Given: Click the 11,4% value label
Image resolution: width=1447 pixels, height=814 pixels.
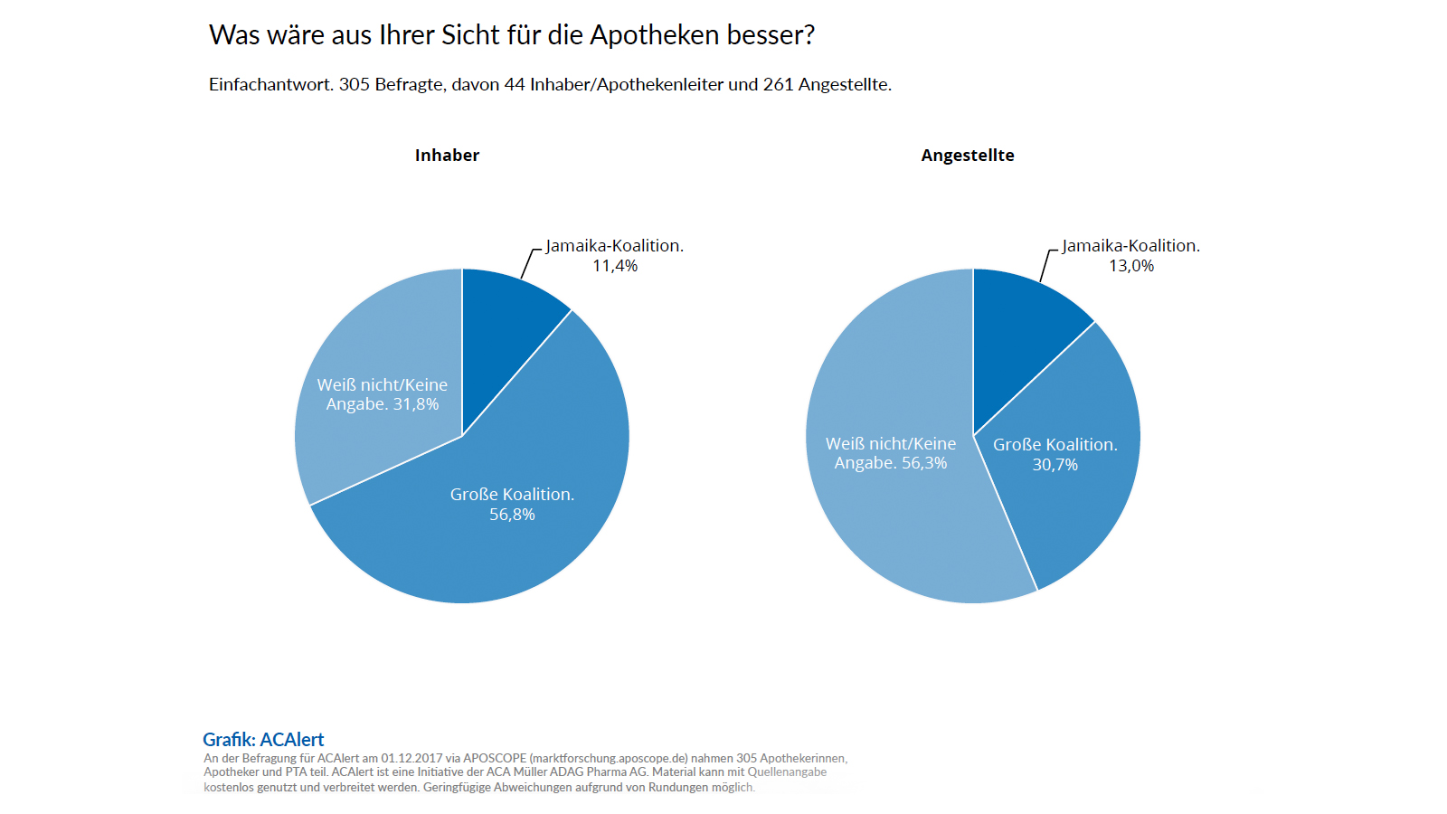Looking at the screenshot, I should [x=615, y=266].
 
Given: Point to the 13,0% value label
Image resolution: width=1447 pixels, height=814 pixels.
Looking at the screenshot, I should [x=1131, y=266].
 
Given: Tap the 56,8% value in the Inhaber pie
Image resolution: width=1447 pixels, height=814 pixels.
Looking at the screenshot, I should [x=512, y=515].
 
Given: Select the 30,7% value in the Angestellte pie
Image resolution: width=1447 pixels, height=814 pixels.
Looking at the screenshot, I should [x=1055, y=465].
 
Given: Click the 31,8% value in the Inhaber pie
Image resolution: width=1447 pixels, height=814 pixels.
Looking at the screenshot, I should [x=416, y=404].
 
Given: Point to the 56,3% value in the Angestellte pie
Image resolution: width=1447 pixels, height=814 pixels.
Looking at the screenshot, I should [x=924, y=463].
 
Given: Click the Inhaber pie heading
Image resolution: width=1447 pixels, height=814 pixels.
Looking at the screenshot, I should [x=447, y=156].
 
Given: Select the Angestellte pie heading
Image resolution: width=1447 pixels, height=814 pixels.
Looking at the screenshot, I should [x=968, y=156].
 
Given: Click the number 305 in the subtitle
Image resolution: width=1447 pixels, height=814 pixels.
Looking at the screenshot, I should [x=354, y=85].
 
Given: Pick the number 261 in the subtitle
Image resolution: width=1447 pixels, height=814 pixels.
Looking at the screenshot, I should [x=778, y=85].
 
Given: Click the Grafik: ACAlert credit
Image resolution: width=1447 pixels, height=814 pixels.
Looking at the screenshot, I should [x=263, y=740].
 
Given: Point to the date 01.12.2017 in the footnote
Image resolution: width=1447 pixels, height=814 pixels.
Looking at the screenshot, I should [x=411, y=758].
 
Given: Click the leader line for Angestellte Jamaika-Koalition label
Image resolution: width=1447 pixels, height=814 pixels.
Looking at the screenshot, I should [x=1045, y=265].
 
